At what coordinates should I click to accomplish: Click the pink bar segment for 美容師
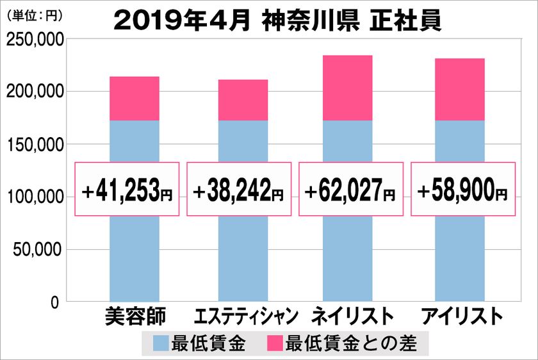pyautogui.click(x=134, y=99)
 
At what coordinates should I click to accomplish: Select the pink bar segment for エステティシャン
pyautogui.click(x=243, y=100)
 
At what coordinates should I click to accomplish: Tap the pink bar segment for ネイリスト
pyautogui.click(x=348, y=88)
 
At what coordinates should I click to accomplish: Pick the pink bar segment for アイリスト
pyautogui.click(x=459, y=90)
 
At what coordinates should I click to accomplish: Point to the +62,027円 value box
pyautogui.click(x=350, y=189)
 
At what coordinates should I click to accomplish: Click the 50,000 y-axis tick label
pyautogui.click(x=37, y=249)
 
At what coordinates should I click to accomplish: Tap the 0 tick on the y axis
pyautogui.click(x=56, y=302)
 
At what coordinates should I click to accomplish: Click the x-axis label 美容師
pyautogui.click(x=134, y=317)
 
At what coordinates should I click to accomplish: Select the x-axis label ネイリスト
pyautogui.click(x=352, y=317)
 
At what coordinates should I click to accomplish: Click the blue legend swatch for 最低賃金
pyautogui.click(x=162, y=344)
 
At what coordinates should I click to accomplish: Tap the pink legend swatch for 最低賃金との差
pyautogui.click(x=276, y=344)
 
